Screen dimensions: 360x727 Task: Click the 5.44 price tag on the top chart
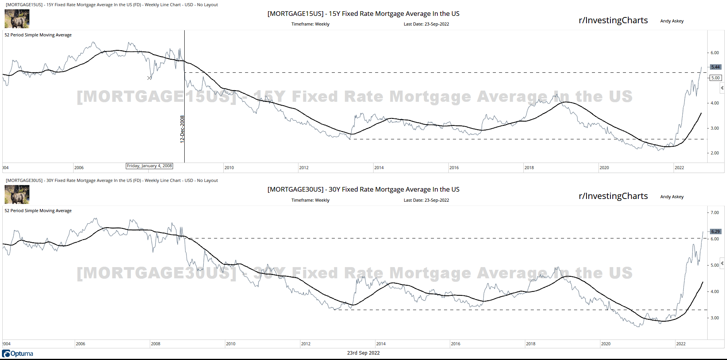click(x=715, y=67)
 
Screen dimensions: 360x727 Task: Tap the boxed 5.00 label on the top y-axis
click(x=715, y=78)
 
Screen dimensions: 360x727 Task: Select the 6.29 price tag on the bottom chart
click(x=715, y=231)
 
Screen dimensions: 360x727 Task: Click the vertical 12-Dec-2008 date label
click(x=182, y=129)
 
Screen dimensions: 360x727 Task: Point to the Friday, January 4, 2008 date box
click(x=149, y=166)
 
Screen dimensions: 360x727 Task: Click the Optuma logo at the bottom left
click(x=18, y=353)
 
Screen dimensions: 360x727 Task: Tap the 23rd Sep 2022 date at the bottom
click(x=363, y=353)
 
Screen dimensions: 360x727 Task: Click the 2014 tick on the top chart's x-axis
click(x=379, y=168)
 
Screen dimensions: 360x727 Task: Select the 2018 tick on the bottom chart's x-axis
click(x=530, y=344)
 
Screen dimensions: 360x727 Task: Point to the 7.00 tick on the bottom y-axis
click(x=715, y=213)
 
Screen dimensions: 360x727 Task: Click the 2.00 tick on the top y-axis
click(x=715, y=153)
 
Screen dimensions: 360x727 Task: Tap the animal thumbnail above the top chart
click(x=17, y=19)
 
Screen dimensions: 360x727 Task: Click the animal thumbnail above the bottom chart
click(x=17, y=194)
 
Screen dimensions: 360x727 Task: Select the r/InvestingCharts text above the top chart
click(x=613, y=20)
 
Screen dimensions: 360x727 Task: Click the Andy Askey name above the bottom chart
click(x=672, y=197)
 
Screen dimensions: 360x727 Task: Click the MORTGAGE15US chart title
click(x=363, y=14)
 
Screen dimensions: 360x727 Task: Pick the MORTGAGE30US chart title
click(x=363, y=189)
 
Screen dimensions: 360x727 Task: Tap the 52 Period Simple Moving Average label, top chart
click(x=38, y=35)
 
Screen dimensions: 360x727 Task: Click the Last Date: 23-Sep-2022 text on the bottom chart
click(x=426, y=200)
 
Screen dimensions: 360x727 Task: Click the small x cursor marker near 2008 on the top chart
click(x=149, y=78)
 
